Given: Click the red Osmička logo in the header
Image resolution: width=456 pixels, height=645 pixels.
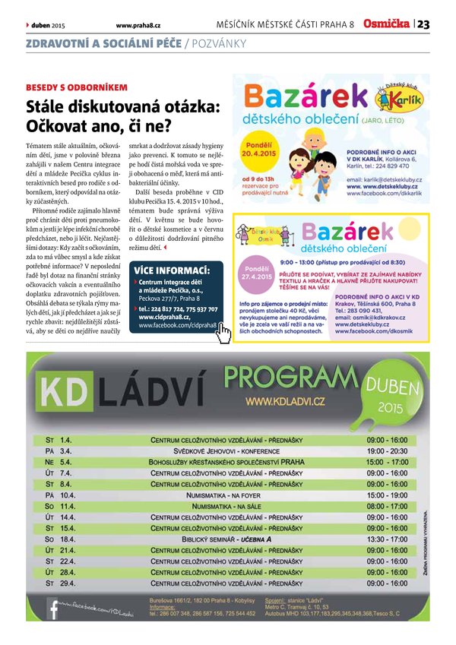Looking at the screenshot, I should pos(387,24).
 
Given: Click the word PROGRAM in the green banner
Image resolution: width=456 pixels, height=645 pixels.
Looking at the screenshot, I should pos(290,375).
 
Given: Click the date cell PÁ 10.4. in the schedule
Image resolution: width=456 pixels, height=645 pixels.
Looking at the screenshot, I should pos(59,495).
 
